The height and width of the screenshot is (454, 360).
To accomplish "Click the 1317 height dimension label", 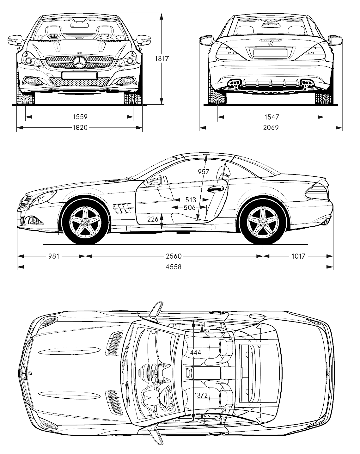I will pyautogui.click(x=162, y=58).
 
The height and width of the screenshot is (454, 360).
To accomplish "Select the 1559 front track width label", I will pyautogui.click(x=80, y=117).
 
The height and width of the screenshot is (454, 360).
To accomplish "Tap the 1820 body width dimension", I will pyautogui.click(x=80, y=128).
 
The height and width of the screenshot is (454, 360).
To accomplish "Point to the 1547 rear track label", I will pyautogui.click(x=271, y=117).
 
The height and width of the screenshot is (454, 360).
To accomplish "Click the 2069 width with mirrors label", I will pyautogui.click(x=271, y=128).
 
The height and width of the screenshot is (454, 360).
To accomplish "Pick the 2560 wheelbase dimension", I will pyautogui.click(x=174, y=256).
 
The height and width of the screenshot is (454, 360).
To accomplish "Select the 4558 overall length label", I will pyautogui.click(x=174, y=267).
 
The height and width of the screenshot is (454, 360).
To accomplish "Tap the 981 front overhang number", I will pyautogui.click(x=54, y=256).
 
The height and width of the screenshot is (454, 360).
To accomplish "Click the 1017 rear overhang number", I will pyautogui.click(x=298, y=256).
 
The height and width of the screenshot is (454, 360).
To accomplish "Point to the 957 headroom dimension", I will pyautogui.click(x=204, y=172).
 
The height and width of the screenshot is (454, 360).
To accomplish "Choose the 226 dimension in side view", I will pyautogui.click(x=153, y=219).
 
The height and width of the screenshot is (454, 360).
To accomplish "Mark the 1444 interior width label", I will pyautogui.click(x=194, y=353).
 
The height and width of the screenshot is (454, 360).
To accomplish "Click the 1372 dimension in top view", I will pyautogui.click(x=201, y=395).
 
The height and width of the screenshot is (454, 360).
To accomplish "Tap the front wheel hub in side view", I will pyautogui.click(x=85, y=222).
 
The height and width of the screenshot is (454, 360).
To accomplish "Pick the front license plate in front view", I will pyautogui.click(x=79, y=76).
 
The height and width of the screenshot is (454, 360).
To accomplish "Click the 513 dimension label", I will pyautogui.click(x=191, y=200).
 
